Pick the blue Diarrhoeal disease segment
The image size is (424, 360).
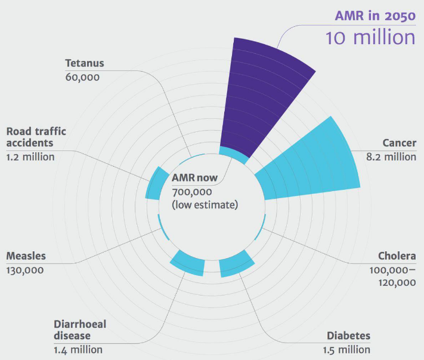pos(188,264)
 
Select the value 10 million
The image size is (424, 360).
pos(370,37)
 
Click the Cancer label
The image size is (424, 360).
pos(399,143)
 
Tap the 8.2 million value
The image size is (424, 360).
pos(391,156)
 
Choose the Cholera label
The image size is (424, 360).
pos(397,257)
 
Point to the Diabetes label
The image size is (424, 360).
pos(348,336)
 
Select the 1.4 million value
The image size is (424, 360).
pos(78,349)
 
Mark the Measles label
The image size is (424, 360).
pos(26,257)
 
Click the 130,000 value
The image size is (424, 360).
pos(24,270)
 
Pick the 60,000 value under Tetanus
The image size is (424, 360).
pos(82,76)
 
